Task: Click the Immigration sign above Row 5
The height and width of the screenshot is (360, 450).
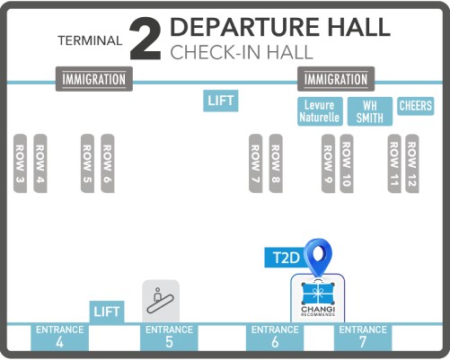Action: (94, 79)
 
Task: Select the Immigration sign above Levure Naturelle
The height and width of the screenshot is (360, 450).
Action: (336, 79)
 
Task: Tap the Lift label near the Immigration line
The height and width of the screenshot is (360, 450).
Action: (221, 101)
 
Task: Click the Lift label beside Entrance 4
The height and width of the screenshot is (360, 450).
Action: (107, 312)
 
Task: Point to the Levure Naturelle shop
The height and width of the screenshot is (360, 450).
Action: (320, 111)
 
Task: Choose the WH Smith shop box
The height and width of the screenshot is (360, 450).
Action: (370, 111)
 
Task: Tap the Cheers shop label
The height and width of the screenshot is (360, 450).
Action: (416, 106)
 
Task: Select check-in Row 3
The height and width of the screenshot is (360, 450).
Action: (20, 163)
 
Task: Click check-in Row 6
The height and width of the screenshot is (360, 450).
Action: (108, 163)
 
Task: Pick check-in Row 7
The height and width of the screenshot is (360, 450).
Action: (256, 163)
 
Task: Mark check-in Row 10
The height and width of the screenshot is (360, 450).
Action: (347, 163)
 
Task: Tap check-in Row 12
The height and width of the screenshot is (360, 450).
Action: (412, 163)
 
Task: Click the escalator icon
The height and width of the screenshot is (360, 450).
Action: (161, 301)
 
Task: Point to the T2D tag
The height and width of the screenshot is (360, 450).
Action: (286, 258)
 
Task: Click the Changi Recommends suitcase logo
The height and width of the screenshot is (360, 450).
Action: (318, 298)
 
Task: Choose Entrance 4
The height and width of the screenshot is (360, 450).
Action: (59, 338)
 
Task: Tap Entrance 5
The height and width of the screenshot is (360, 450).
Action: (169, 338)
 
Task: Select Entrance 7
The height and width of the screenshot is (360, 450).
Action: (363, 338)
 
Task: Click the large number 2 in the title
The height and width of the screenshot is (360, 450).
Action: (146, 39)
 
